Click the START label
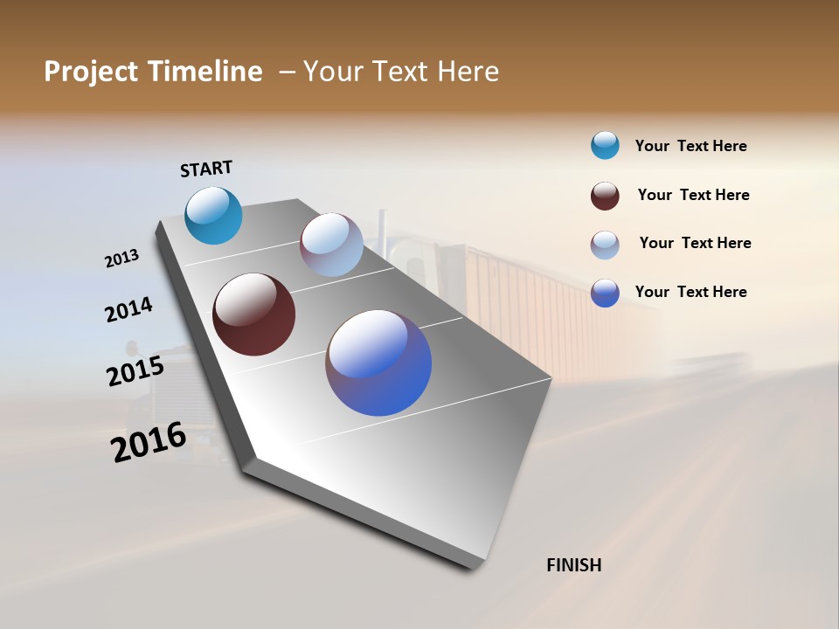pyautogui.click(x=206, y=169)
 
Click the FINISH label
pyautogui.click(x=573, y=565)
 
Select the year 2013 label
pyautogui.click(x=122, y=259)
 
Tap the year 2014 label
pyautogui.click(x=128, y=310)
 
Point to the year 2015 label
pyautogui.click(x=135, y=371)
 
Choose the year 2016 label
pyautogui.click(x=149, y=442)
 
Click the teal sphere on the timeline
pyautogui.click(x=213, y=215)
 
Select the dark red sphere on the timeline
pyautogui.click(x=253, y=314)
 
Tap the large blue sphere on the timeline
pyautogui.click(x=378, y=363)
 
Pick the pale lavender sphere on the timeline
pyautogui.click(x=331, y=245)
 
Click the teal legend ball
pyautogui.click(x=605, y=146)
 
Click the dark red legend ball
pyautogui.click(x=605, y=196)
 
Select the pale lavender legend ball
pyautogui.click(x=605, y=245)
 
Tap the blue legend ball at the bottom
pyautogui.click(x=605, y=293)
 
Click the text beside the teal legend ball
pyautogui.click(x=690, y=147)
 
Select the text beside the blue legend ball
pyautogui.click(x=690, y=292)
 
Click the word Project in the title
pyautogui.click(x=91, y=72)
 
